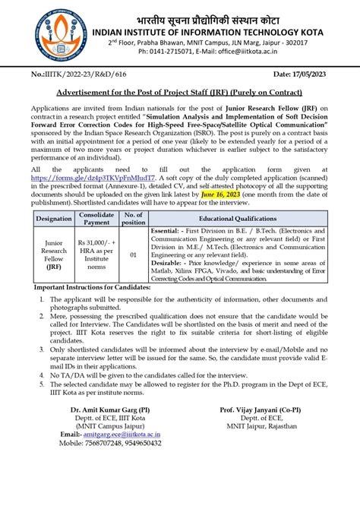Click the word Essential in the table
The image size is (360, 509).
(x=169, y=251)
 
